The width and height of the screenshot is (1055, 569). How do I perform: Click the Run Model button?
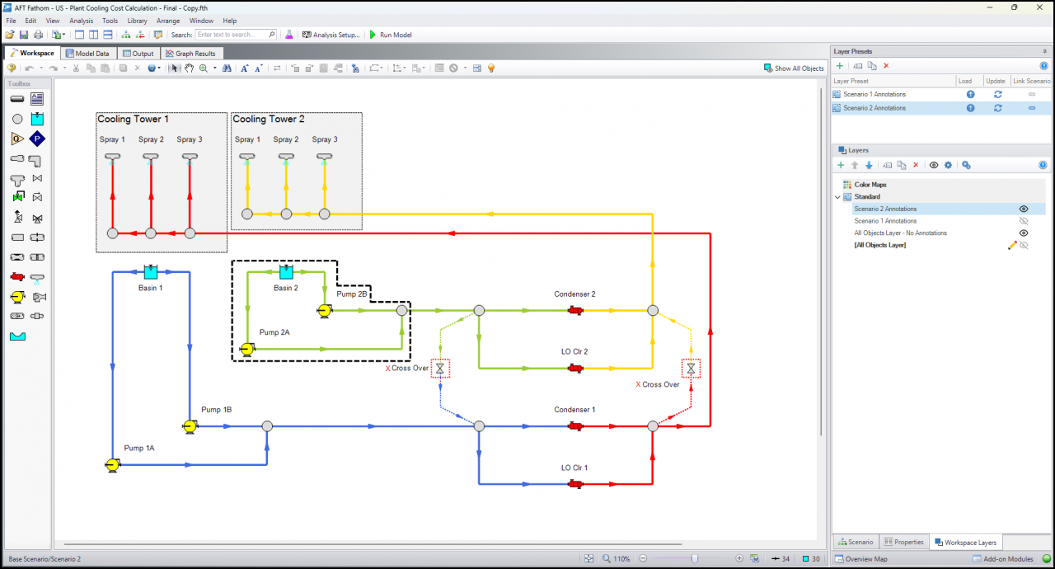tap(391, 35)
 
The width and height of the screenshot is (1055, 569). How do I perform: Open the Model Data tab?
tap(87, 54)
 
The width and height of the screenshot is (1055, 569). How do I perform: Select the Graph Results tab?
tap(190, 54)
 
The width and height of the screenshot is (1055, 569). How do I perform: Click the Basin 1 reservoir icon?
tap(151, 272)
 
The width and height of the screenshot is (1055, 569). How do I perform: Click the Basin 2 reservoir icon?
tap(286, 272)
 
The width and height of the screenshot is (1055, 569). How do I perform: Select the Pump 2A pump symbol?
tap(246, 350)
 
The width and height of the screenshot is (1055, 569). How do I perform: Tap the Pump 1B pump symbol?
tap(190, 426)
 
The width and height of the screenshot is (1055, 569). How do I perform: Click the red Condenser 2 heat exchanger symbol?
tap(575, 310)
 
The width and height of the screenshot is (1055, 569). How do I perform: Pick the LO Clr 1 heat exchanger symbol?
tap(575, 484)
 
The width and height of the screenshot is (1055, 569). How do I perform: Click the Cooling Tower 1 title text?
tap(133, 120)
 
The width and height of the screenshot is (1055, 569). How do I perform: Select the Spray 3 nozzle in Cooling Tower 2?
tap(325, 158)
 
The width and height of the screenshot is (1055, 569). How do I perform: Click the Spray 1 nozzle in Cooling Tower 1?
tap(113, 158)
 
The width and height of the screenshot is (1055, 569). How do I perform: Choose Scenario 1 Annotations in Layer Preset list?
tap(874, 94)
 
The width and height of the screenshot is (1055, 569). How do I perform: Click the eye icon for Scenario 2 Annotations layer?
tap(1024, 209)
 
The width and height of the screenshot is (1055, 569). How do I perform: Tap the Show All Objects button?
tap(794, 68)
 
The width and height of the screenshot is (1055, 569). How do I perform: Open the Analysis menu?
tap(81, 21)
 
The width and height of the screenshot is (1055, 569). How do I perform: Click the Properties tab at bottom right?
tap(904, 542)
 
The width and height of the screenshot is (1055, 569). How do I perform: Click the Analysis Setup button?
tap(331, 35)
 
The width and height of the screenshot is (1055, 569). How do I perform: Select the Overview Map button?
tap(861, 559)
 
